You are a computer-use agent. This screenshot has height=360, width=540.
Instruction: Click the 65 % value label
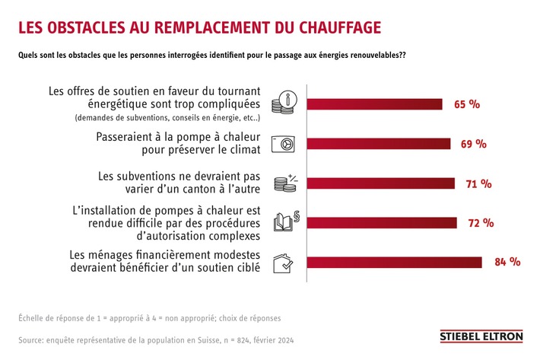(x=467, y=104)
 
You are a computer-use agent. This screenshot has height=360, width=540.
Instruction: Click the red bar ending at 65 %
(x=374, y=104)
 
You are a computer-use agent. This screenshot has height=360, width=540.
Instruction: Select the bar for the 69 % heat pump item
(x=378, y=144)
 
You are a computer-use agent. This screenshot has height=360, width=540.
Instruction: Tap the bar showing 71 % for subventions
(x=380, y=183)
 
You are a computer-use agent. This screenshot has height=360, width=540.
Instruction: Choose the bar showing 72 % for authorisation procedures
(x=382, y=223)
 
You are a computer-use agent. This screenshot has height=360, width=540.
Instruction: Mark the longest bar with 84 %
(x=394, y=263)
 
